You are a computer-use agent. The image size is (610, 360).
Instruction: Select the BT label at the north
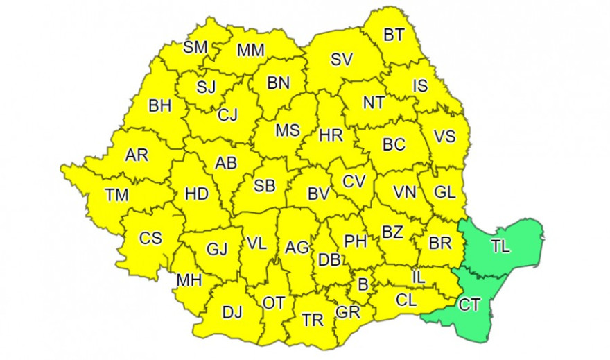(394, 35)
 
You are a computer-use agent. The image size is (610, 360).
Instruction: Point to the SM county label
(195, 47)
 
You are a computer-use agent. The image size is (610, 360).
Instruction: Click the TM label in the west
(116, 196)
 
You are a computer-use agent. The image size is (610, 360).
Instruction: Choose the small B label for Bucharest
(362, 284)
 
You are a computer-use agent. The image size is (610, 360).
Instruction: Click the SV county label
(342, 60)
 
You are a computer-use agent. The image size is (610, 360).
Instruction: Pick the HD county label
(196, 194)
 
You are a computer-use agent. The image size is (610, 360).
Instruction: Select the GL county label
(444, 193)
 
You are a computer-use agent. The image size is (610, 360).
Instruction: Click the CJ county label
(228, 115)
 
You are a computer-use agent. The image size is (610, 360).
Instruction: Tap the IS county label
(420, 86)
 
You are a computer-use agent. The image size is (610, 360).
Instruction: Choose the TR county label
(313, 320)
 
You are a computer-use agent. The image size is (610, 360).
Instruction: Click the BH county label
(160, 107)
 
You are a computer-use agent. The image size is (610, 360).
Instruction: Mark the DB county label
(328, 260)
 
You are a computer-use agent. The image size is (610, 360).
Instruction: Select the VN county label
(405, 191)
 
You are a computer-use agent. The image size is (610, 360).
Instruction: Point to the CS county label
(150, 239)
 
